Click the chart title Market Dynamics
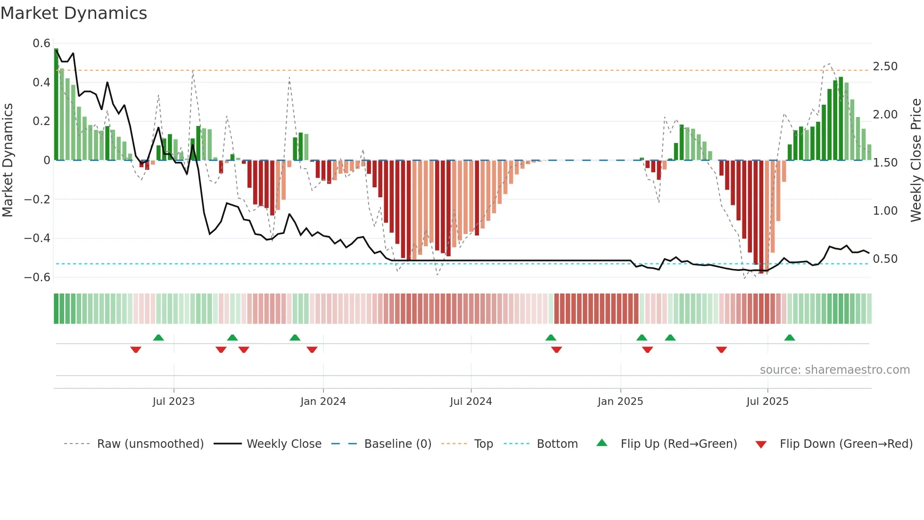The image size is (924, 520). point(74,13)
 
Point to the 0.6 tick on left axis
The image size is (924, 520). point(41,43)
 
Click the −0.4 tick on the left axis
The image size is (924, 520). point(37,238)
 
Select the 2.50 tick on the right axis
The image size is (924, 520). point(885,67)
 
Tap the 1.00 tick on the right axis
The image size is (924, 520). point(885,211)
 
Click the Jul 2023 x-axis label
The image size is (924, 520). point(173,402)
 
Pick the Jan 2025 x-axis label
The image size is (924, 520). point(620,402)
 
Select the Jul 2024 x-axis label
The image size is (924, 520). point(470,402)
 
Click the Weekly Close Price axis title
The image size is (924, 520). point(916,160)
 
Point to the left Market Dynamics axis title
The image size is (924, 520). point(8,160)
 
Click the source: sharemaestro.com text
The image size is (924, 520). point(834,370)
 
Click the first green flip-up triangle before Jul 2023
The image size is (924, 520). point(158,337)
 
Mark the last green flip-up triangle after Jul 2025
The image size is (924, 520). point(790,337)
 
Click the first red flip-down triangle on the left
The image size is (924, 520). point(136,350)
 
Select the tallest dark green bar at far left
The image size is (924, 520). point(56,104)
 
